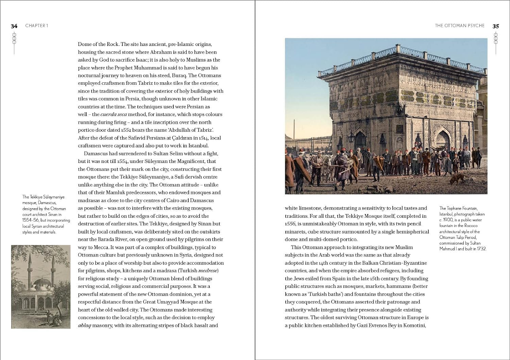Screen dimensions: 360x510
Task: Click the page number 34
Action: (14, 26)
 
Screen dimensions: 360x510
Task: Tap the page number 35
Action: (496, 26)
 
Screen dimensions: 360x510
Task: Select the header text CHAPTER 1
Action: (37, 26)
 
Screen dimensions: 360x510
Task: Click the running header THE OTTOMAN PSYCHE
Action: (459, 26)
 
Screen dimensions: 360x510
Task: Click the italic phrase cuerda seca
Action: (114, 115)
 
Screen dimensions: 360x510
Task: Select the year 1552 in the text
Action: (126, 130)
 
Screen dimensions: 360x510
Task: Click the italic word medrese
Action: (208, 271)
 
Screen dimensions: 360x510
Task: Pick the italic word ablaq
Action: (84, 326)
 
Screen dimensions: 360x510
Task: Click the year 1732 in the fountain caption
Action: (481, 249)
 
